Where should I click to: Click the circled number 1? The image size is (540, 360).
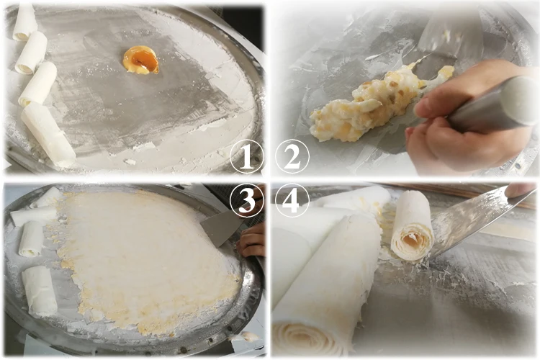246,157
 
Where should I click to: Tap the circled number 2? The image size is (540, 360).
292,156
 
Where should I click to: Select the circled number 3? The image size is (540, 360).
246,200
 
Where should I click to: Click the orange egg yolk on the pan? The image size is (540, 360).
141,60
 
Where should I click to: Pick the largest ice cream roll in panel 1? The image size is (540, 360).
48,134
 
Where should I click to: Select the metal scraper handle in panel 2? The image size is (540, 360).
493,104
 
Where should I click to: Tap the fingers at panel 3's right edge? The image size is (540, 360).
251,240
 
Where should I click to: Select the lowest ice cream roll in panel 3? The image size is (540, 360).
40,291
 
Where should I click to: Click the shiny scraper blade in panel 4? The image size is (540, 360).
475,220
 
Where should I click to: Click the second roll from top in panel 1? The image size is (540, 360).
31,53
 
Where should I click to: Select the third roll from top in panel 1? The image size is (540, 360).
38,84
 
